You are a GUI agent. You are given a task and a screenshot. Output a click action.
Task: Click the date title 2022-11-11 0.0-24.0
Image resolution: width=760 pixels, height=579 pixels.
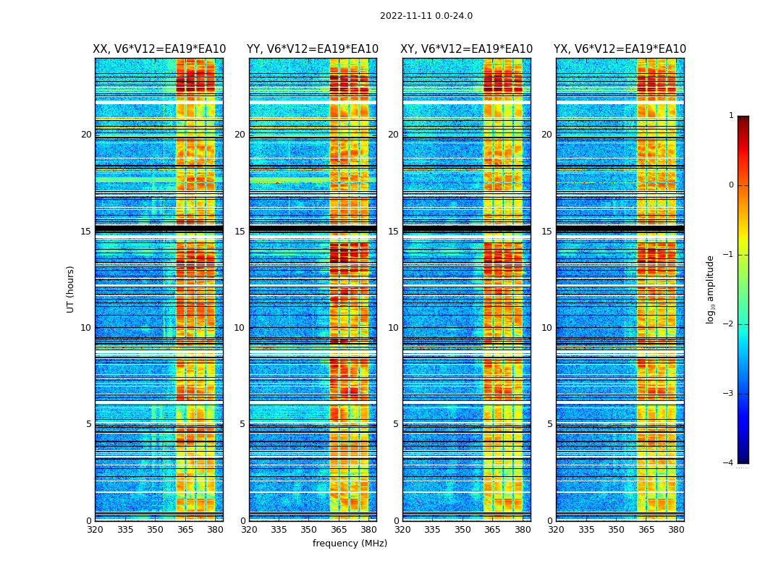tap(426, 16)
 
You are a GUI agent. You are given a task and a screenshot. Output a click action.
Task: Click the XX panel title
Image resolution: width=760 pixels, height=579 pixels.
tap(159, 49)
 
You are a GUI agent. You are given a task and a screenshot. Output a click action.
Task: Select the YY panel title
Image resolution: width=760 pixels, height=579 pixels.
tap(313, 49)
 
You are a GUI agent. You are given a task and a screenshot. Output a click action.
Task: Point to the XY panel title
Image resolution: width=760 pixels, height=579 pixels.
tap(467, 49)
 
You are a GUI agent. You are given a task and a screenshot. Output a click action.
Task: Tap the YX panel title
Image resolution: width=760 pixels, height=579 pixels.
tap(620, 49)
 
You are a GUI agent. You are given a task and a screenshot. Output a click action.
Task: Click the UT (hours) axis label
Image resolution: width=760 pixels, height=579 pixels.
tap(71, 289)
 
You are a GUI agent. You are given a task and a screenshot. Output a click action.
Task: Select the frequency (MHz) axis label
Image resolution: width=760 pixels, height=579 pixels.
tap(350, 544)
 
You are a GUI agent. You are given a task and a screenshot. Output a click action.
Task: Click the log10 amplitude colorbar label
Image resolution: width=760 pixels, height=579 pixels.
tap(711, 289)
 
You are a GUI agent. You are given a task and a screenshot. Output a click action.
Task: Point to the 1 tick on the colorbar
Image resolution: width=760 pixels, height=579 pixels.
tap(731, 116)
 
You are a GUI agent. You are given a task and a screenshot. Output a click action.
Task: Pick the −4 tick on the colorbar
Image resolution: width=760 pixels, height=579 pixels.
tap(729, 463)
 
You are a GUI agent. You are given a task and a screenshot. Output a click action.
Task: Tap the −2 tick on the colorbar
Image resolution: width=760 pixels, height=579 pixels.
tap(729, 324)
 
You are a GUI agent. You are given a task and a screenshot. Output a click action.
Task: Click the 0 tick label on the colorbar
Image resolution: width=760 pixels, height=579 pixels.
tap(731, 185)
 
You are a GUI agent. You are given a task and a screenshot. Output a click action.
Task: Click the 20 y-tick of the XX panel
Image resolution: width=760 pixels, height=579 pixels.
tap(86, 135)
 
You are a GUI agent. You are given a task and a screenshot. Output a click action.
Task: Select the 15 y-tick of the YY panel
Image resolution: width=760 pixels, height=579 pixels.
tap(240, 232)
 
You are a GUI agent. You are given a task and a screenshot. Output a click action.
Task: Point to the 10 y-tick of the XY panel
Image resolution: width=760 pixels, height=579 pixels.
tap(393, 328)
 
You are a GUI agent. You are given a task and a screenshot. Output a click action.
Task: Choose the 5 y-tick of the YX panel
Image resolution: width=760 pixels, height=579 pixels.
tap(549, 424)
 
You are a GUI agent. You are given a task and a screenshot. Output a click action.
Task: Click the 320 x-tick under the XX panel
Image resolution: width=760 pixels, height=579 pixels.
tap(95, 530)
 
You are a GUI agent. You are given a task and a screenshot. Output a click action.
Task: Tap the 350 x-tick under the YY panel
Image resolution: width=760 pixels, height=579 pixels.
tap(309, 530)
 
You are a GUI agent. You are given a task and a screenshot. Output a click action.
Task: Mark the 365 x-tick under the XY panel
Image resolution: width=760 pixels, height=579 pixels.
tap(492, 530)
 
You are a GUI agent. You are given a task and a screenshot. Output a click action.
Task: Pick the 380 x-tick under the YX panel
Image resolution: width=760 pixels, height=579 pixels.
tap(676, 530)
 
